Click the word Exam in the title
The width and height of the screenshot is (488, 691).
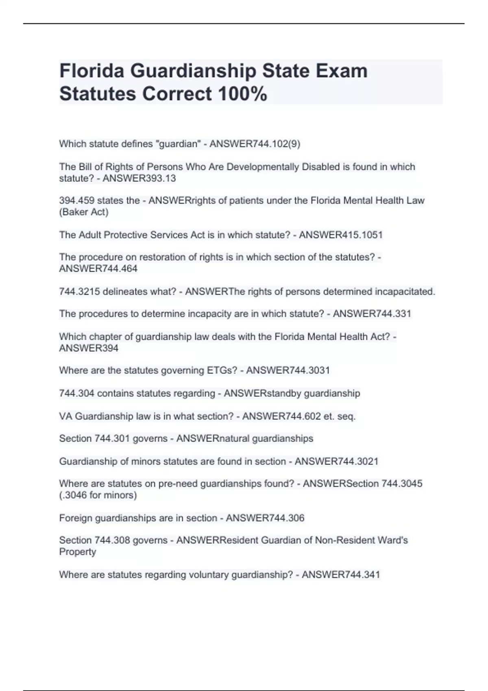(x=342, y=71)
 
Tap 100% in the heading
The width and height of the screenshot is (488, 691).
(x=242, y=94)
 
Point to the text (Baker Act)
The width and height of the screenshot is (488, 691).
(x=84, y=212)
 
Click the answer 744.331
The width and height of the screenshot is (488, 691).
(x=387, y=314)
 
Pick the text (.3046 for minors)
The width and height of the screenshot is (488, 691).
(x=98, y=495)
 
